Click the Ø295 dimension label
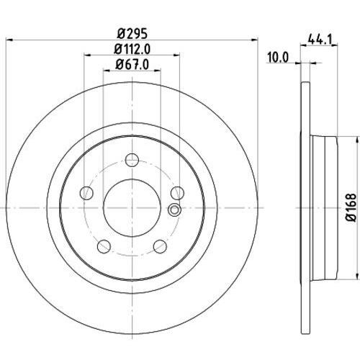point(132,34)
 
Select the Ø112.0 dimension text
point(132,49)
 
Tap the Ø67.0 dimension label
point(132,64)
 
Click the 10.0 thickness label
point(278,58)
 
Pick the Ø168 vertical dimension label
point(351,207)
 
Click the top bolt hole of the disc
point(132,160)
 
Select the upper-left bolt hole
point(86,193)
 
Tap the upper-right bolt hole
point(178,193)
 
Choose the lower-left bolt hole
point(104,246)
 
